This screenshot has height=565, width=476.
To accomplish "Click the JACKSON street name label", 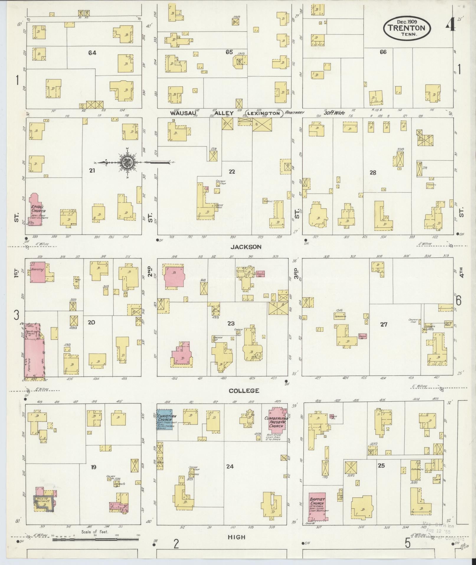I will click(246, 247).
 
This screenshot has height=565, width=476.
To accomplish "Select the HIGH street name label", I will click(237, 537).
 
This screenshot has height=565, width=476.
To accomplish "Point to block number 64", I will click(92, 53).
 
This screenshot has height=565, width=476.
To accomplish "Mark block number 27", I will click(383, 325).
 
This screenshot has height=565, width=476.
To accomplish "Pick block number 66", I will click(383, 52).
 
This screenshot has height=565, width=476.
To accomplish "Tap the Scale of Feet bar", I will click(95, 540).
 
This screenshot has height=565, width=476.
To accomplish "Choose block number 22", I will click(232, 172).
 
